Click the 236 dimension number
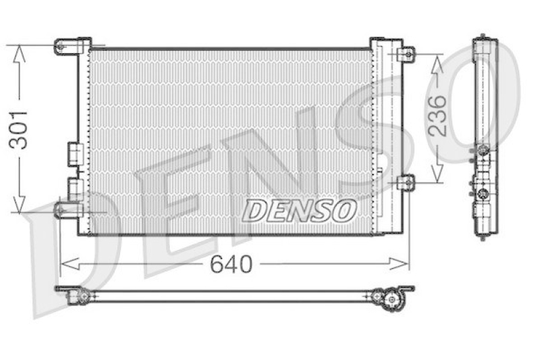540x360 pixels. pos(437,116)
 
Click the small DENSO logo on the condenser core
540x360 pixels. pos(299,210)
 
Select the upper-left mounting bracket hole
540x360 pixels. pos(60,46)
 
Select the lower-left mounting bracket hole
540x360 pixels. pos(60,210)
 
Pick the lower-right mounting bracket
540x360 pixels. pos(406,182)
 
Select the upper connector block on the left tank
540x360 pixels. pos(73,154)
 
